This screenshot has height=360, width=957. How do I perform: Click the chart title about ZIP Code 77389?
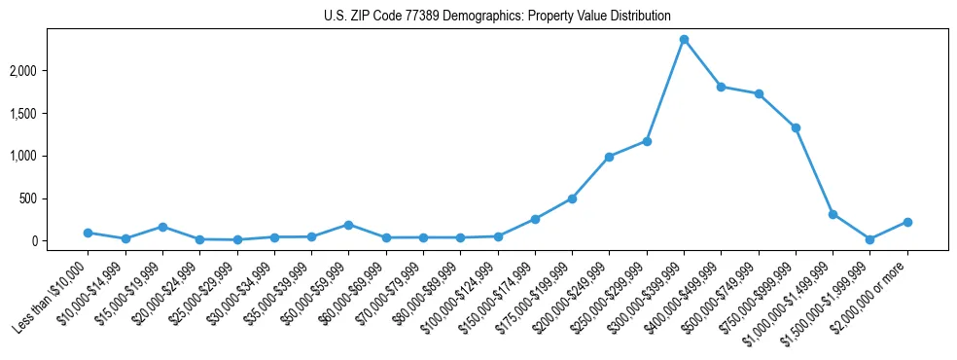tap(497, 17)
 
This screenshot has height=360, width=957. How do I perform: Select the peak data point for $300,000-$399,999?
tap(684, 40)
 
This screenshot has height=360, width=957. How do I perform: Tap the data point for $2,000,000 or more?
tap(907, 222)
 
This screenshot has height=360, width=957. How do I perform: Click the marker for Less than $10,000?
tap(88, 233)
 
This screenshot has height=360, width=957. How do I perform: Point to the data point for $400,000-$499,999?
tap(721, 87)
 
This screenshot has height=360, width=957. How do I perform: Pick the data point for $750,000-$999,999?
tap(796, 127)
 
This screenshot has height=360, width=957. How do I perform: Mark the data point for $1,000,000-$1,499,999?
tap(833, 214)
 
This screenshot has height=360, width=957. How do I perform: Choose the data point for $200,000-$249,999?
tap(609, 157)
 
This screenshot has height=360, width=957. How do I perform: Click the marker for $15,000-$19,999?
tap(162, 227)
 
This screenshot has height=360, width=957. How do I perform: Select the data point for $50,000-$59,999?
tap(348, 225)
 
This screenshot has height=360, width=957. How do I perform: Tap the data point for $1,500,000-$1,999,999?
tap(869, 239)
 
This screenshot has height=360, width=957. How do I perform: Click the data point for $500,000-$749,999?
tap(759, 94)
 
